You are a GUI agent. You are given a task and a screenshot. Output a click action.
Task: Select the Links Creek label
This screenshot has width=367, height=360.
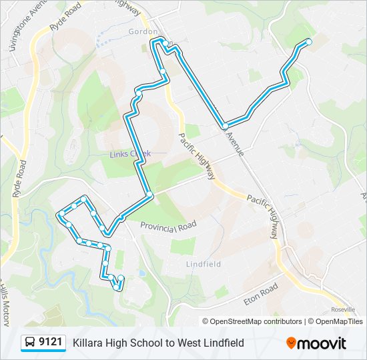[x=130, y=154]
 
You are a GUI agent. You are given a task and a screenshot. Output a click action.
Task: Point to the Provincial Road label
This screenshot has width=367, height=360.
[x=168, y=227]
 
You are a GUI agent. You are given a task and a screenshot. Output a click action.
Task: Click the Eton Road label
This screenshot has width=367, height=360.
[x=260, y=294]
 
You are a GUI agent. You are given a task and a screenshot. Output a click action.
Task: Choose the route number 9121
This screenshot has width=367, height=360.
[x=51, y=343]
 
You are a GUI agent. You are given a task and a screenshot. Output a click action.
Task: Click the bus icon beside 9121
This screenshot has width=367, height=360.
[x=30, y=343]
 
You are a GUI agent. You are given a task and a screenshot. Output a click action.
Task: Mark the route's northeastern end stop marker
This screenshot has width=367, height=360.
[x=309, y=42]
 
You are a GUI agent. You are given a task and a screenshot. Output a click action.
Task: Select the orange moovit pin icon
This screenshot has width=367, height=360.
[x=292, y=343]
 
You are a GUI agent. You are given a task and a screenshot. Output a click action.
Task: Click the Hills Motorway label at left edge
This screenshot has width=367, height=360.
[x=5, y=300]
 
